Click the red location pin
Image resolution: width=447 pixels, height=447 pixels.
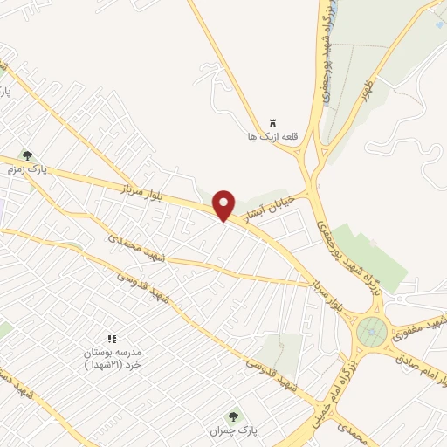pos(225,204)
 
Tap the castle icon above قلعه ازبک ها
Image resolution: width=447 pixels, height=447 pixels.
pos(274,122)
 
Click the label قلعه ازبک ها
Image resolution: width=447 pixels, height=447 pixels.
pos(273,136)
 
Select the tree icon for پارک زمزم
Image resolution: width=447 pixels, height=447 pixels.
pos(27,155)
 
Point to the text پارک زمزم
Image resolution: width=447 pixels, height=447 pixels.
pos(25,168)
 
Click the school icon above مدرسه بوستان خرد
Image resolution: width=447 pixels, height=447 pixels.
pos(111,338)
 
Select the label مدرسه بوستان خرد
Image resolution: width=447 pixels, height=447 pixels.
pos(111,357)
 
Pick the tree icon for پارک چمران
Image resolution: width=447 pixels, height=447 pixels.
pos(232,417)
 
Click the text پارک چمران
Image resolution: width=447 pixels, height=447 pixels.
pos(229,430)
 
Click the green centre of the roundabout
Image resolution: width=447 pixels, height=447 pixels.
pos(371,332)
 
